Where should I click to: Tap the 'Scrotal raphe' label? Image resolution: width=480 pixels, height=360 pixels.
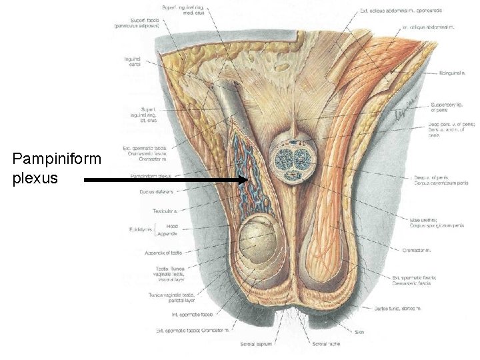(325, 344)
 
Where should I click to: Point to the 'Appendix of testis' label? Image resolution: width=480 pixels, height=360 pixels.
(163, 253)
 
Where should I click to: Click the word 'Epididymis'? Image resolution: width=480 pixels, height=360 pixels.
(141, 230)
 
